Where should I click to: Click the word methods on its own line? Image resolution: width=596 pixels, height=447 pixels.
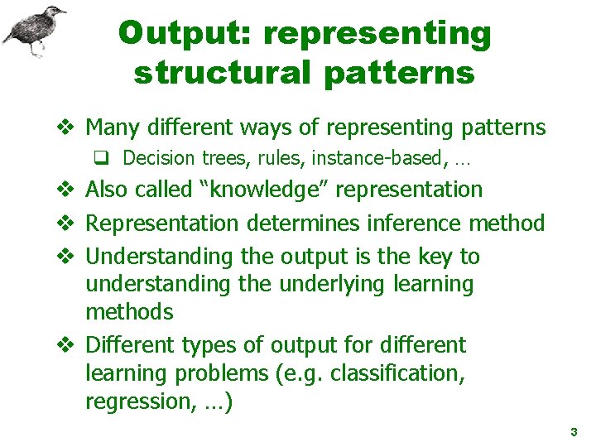click(x=129, y=312)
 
